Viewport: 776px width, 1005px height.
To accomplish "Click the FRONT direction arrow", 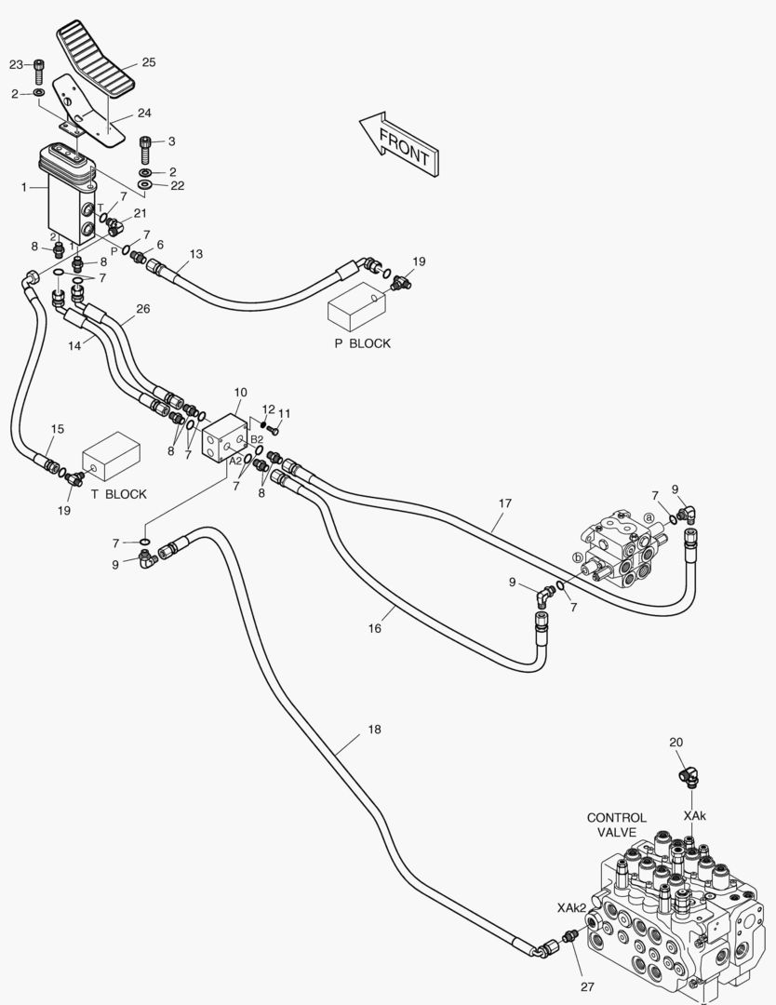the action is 399,144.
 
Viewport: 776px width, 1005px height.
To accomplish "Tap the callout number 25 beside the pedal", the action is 149,62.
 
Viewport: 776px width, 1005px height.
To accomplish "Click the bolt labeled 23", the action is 38,71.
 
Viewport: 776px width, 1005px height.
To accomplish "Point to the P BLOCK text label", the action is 362,343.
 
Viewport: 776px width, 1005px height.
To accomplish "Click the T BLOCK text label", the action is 118,494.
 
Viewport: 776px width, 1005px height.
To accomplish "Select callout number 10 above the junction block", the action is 240,393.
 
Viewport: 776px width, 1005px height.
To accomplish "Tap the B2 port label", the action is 256,439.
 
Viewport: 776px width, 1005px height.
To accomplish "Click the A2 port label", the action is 235,461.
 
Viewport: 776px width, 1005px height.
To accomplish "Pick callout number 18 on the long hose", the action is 374,730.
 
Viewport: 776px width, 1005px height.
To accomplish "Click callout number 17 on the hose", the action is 505,503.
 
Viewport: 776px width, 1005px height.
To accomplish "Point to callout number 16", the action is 374,628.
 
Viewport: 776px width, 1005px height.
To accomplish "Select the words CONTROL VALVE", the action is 617,824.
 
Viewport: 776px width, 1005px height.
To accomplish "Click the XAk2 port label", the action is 571,907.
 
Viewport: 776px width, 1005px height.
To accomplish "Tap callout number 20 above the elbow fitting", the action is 676,743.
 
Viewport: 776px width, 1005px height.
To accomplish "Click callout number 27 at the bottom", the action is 588,987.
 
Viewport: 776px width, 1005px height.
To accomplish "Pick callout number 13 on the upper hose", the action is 196,254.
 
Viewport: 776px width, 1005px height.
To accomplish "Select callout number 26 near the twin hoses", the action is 143,309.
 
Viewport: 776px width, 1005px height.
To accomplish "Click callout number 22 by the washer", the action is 178,185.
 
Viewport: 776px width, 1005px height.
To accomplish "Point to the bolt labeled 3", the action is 146,149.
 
